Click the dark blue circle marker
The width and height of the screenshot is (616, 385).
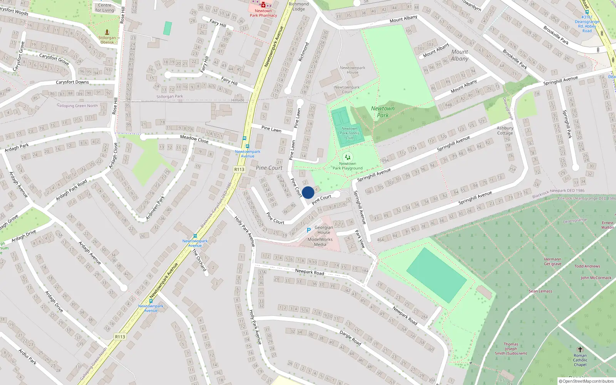[308, 192]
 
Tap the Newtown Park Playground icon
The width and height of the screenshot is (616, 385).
[348, 157]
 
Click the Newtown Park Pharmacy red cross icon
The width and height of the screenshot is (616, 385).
[263, 5]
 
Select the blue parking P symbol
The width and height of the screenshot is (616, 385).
[308, 230]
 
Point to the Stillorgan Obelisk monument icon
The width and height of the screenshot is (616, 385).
[107, 32]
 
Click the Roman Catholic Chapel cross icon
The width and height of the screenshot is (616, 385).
[580, 350]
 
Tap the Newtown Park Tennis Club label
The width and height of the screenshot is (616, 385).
[349, 133]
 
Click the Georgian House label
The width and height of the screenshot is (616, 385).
[323, 230]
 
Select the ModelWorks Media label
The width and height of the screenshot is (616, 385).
[320, 242]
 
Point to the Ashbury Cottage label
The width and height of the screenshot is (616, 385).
[505, 131]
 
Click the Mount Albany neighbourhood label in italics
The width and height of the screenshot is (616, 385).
[460, 55]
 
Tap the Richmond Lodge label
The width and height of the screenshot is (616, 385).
[298, 7]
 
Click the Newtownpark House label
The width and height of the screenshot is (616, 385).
[352, 70]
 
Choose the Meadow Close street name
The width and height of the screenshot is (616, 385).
[194, 139]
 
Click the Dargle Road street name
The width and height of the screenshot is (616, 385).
[350, 338]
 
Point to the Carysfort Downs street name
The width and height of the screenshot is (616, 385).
[72, 82]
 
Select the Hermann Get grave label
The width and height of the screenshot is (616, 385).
[552, 261]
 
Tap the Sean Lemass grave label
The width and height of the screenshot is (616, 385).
[540, 291]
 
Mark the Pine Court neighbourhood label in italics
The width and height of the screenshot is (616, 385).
[269, 168]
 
